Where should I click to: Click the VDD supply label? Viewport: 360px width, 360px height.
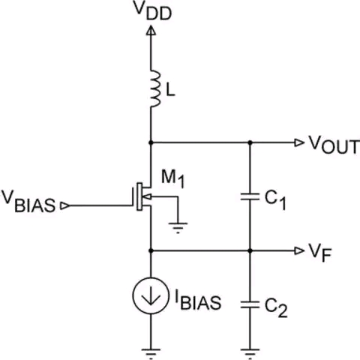(153, 11)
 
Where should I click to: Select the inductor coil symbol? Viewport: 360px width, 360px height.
(155, 88)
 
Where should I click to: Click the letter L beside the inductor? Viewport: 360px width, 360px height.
(170, 89)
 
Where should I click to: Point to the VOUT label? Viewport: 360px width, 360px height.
(334, 145)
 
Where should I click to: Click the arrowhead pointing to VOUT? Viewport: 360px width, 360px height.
(299, 142)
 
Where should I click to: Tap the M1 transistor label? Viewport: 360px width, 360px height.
(172, 178)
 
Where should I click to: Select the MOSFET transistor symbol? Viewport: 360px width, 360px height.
(142, 196)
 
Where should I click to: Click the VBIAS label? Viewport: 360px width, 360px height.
(28, 203)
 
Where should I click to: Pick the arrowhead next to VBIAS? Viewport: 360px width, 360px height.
(65, 205)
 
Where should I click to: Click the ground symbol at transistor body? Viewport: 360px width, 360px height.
(178, 227)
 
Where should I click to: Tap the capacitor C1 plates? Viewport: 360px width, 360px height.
(250, 196)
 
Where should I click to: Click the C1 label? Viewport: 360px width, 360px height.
(275, 199)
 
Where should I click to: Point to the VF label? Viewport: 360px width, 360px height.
(320, 252)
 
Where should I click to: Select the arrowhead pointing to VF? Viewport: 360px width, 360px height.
(299, 250)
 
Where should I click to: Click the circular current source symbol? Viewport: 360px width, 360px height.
(151, 295)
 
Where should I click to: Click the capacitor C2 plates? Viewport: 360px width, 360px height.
(250, 304)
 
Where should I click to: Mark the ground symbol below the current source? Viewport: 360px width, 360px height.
(151, 353)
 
